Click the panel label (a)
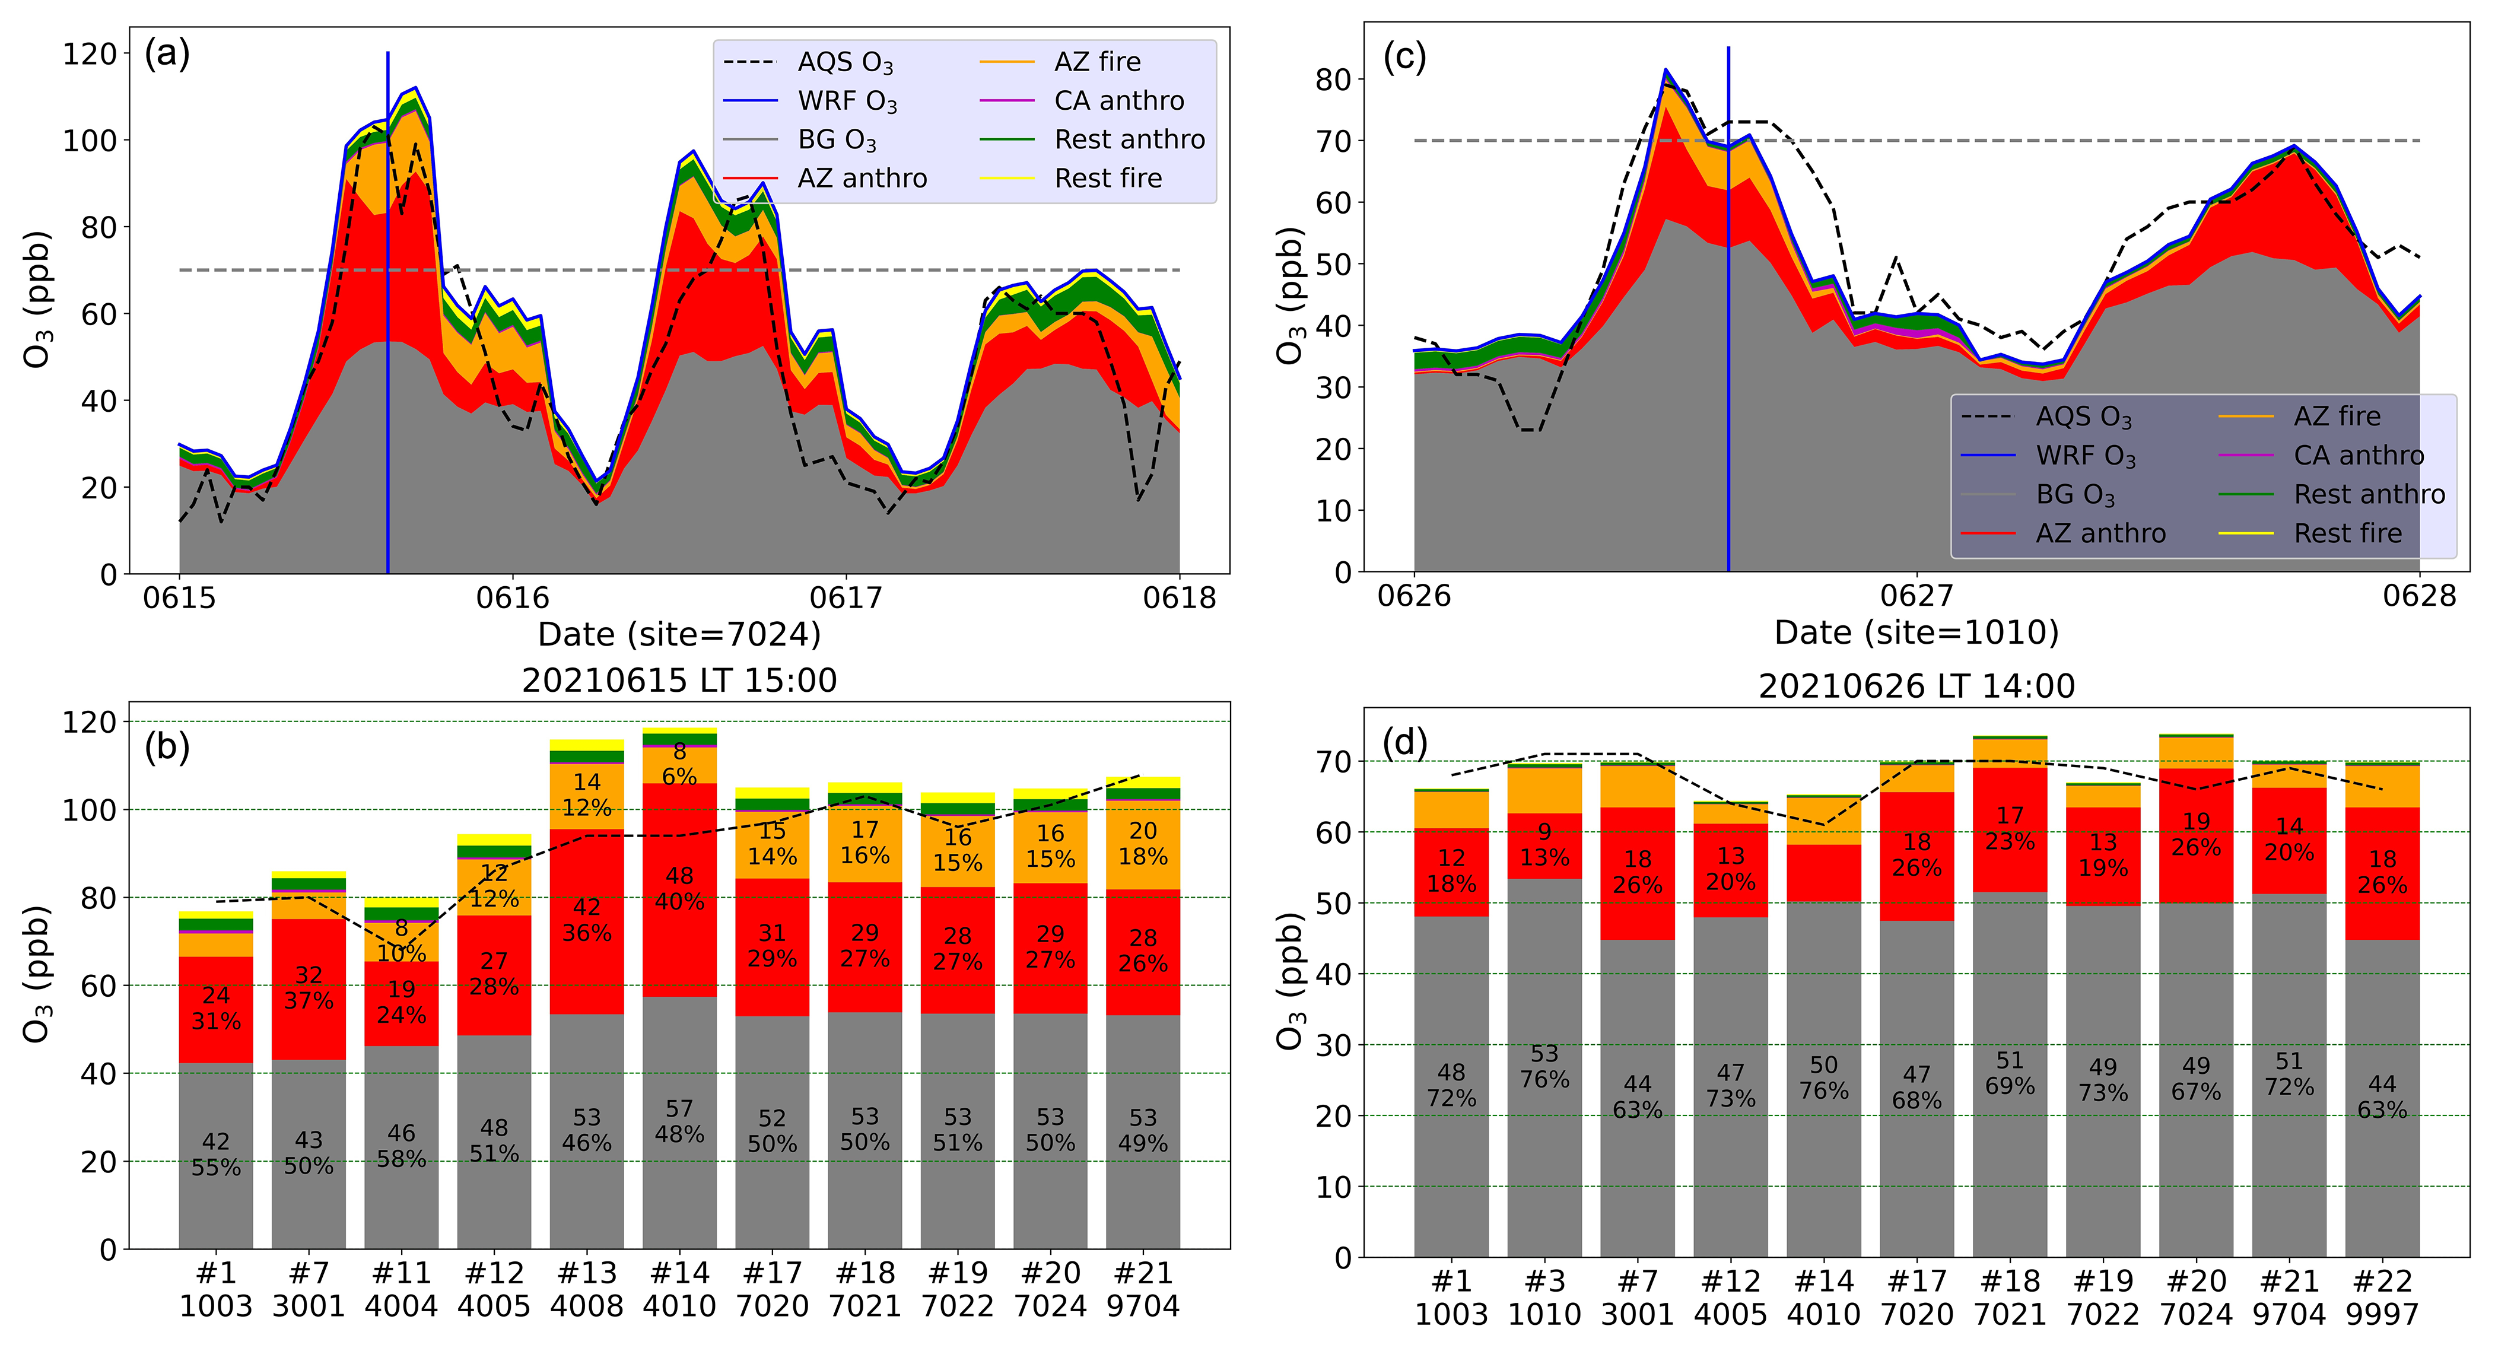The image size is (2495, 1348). (x=167, y=54)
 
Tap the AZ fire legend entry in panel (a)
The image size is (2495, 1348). (x=1097, y=62)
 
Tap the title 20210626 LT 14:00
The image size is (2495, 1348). (x=1916, y=686)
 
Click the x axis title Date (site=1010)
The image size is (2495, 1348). (x=1916, y=633)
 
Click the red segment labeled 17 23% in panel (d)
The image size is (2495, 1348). (x=2010, y=829)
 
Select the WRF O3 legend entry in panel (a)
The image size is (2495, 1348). (x=847, y=101)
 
